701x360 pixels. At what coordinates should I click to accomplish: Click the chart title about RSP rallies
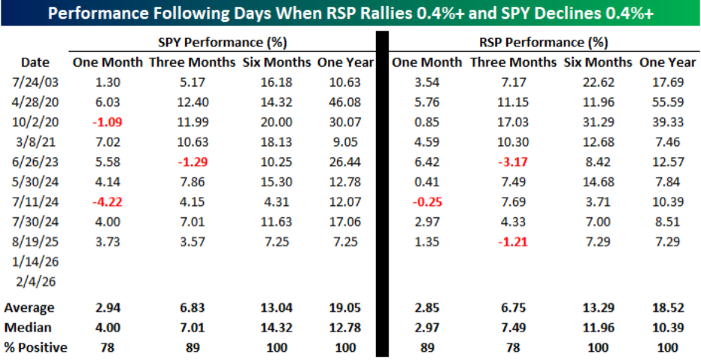click(350, 13)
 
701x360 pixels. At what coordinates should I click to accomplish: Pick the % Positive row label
click(34, 347)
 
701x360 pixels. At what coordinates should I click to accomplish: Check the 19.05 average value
click(345, 308)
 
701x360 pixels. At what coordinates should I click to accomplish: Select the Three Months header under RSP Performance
click(506, 63)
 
